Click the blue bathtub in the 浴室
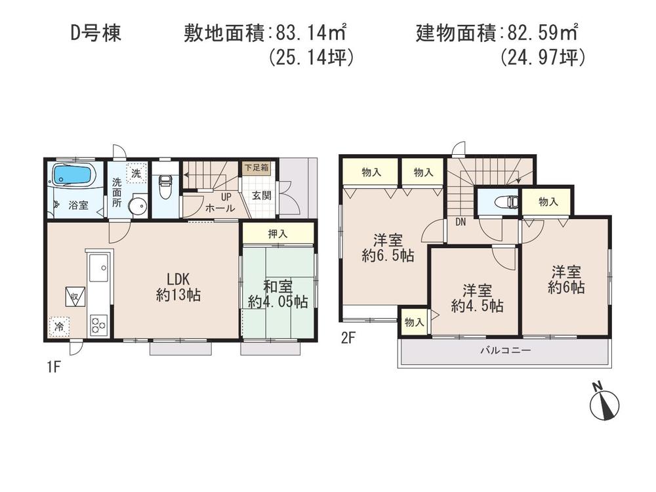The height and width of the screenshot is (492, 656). [x=73, y=175]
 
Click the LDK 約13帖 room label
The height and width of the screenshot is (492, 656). [x=178, y=287]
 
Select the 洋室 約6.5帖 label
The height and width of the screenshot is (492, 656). [x=387, y=247]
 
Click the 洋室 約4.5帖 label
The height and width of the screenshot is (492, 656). [x=477, y=298]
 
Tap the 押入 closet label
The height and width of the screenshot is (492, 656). [x=277, y=233]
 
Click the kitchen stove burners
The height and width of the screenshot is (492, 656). [x=98, y=323]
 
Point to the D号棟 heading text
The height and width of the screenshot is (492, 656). [x=95, y=33]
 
